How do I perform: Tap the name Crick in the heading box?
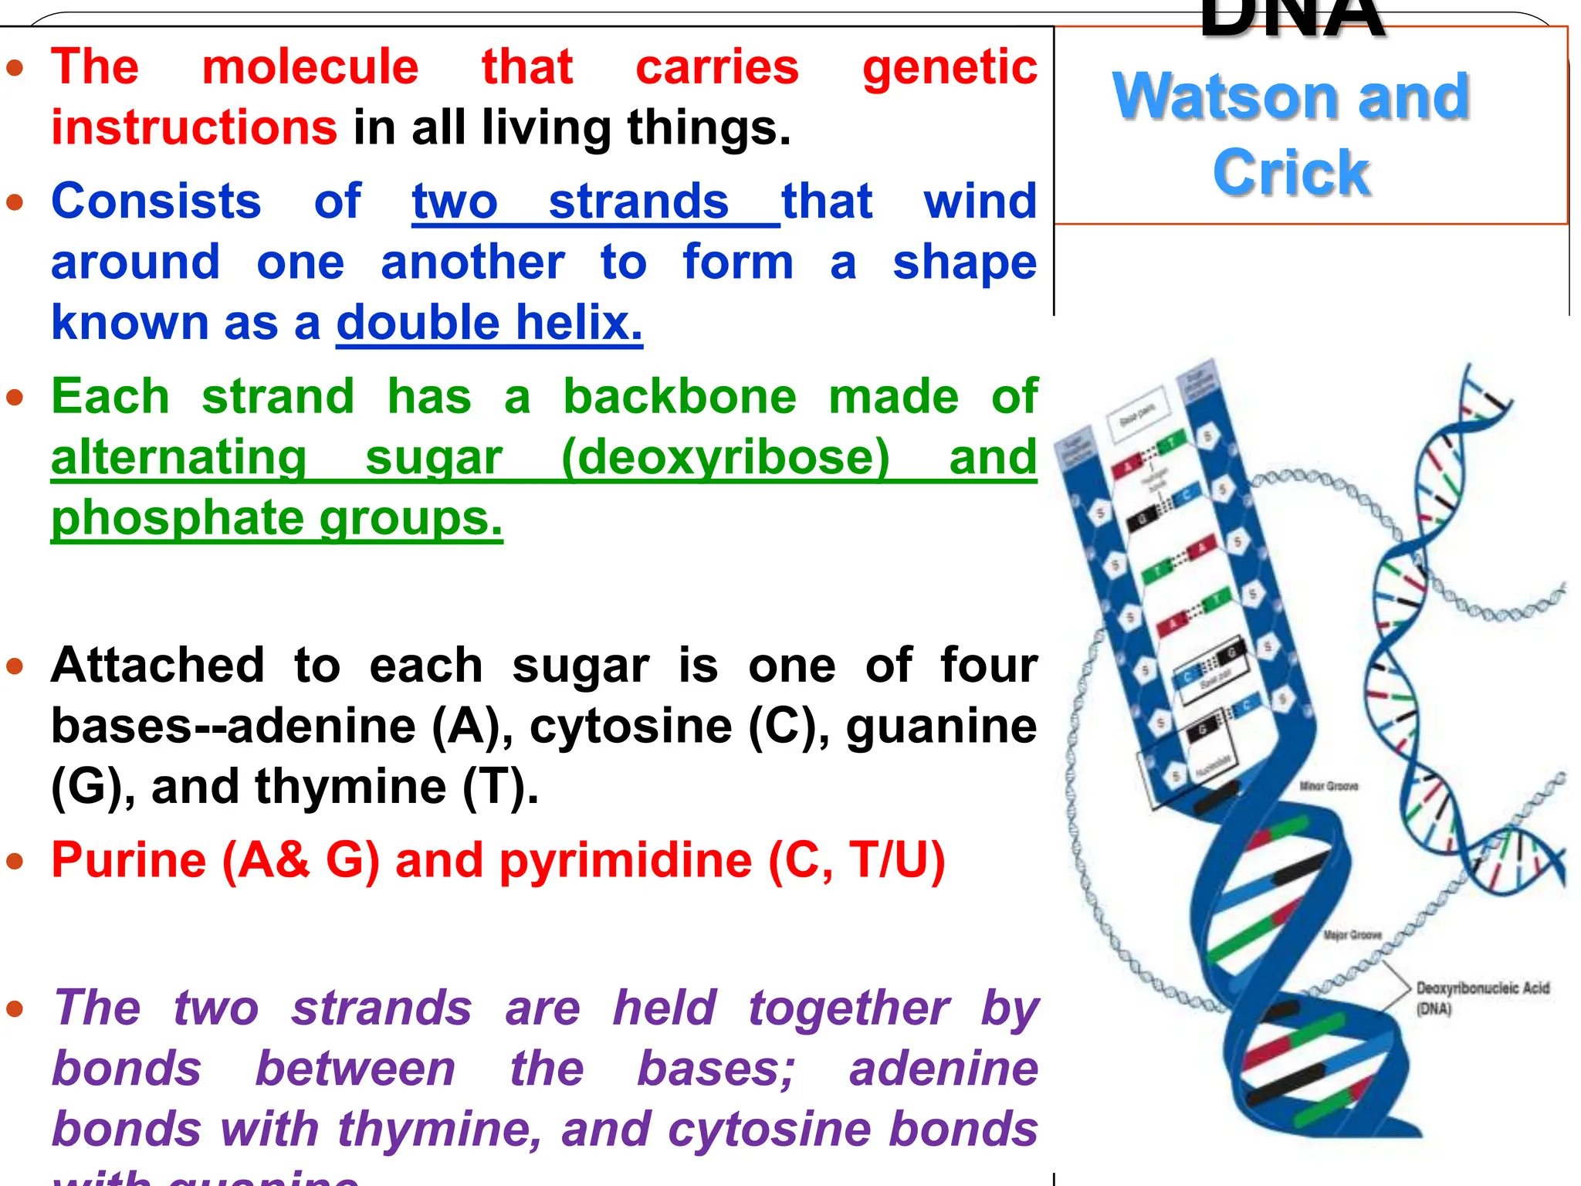pos(1291,172)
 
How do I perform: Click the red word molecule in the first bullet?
pos(310,66)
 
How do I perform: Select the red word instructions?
pos(194,127)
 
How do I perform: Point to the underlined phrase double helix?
pos(489,323)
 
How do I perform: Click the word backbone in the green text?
pos(679,397)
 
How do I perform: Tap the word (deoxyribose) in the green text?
pos(726,457)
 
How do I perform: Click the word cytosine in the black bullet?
pos(631,726)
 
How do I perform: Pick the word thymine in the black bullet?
pos(350,787)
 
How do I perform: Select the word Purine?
pos(129,860)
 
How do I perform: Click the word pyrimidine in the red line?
pos(625,860)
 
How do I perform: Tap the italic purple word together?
pos(849,1008)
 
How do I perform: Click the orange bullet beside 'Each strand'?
pos(15,398)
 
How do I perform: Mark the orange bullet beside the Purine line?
pos(15,862)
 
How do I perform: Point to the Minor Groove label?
pos(1329,786)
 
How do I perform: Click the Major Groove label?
pos(1352,935)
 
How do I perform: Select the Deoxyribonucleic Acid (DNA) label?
pos(1481,996)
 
